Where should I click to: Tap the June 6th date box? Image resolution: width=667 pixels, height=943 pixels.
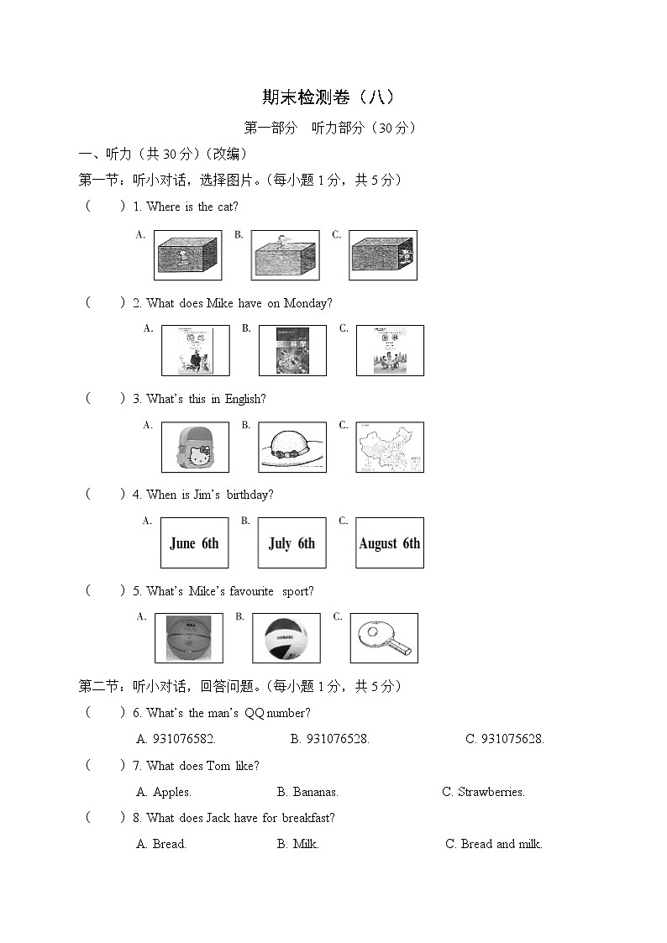(x=194, y=543)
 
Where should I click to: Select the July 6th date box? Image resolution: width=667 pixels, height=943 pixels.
(x=291, y=543)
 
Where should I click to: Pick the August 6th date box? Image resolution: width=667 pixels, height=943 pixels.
(x=389, y=543)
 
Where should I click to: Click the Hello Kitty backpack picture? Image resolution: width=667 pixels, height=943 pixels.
(x=196, y=448)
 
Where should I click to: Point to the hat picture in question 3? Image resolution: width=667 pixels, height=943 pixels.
(x=291, y=448)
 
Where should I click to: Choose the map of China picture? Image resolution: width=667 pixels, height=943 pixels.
(x=389, y=448)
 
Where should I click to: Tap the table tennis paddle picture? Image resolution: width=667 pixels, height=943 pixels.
(x=383, y=638)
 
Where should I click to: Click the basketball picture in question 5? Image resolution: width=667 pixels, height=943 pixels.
(x=189, y=638)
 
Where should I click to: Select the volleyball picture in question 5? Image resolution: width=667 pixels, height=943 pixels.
(x=286, y=638)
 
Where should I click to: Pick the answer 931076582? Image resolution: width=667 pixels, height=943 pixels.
(x=176, y=739)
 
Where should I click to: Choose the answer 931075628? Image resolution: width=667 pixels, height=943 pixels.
(x=505, y=739)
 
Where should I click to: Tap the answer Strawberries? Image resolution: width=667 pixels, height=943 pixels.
(x=484, y=792)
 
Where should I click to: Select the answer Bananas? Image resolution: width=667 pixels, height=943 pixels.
(x=307, y=792)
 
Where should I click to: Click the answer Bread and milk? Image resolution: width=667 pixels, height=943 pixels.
(x=494, y=844)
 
